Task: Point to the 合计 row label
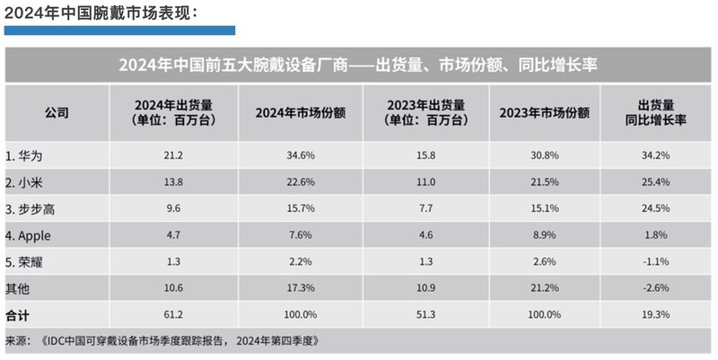click(x=17, y=315)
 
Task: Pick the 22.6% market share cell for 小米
click(x=301, y=182)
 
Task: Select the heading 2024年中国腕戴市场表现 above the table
click(x=100, y=12)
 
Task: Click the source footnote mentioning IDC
click(x=162, y=341)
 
